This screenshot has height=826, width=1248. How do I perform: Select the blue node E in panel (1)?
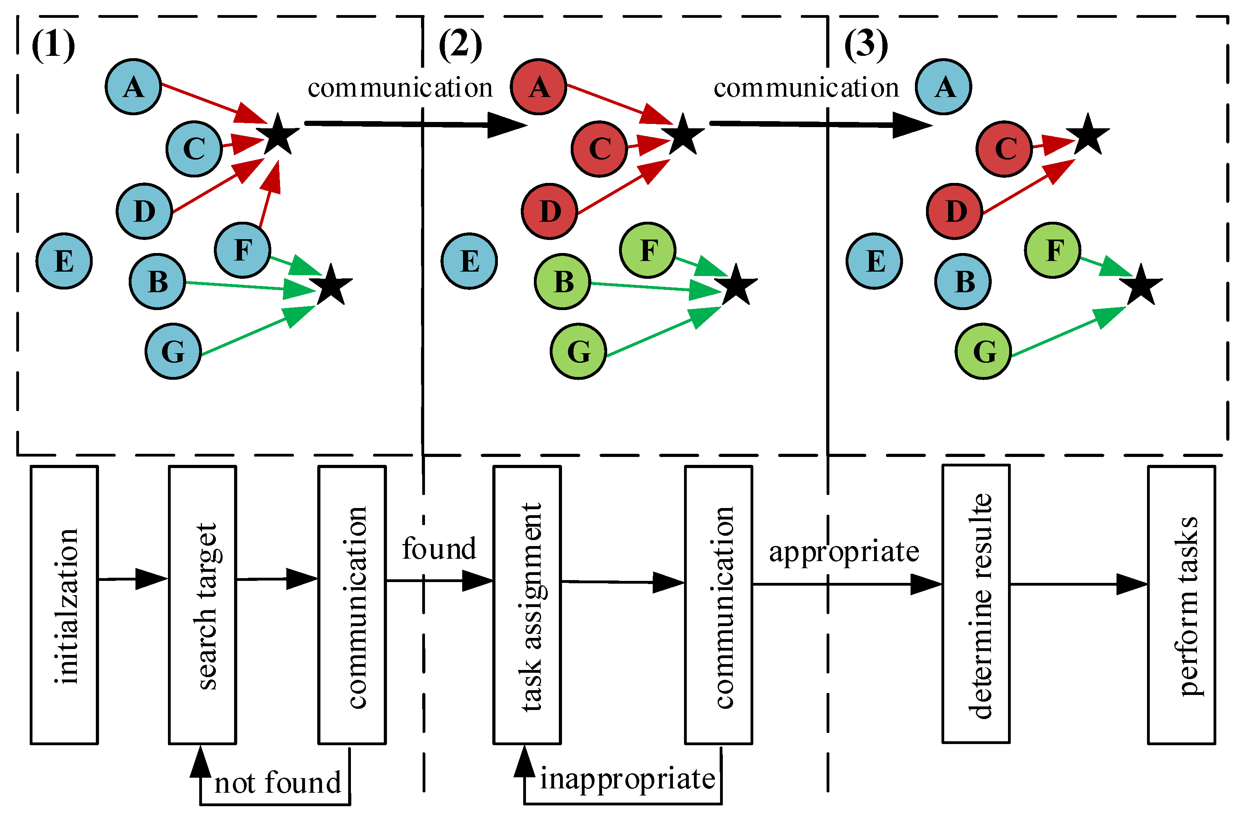pos(64,261)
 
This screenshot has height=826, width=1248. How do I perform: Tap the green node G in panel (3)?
pos(983,351)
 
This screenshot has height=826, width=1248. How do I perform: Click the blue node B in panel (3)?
pos(962,281)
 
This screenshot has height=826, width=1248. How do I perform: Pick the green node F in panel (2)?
pos(648,250)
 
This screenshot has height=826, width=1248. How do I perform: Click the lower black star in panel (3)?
pos(1141,286)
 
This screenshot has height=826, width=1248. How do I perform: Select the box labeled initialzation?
pos(64,605)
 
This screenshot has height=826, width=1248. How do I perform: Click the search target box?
pos(202,605)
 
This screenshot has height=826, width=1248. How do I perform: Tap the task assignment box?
pos(527,605)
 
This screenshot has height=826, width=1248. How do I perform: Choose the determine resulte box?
pos(976,604)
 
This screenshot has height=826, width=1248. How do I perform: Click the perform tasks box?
pos(1181,605)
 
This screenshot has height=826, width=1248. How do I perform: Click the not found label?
pos(278,783)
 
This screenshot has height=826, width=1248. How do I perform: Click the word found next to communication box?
pos(439,549)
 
